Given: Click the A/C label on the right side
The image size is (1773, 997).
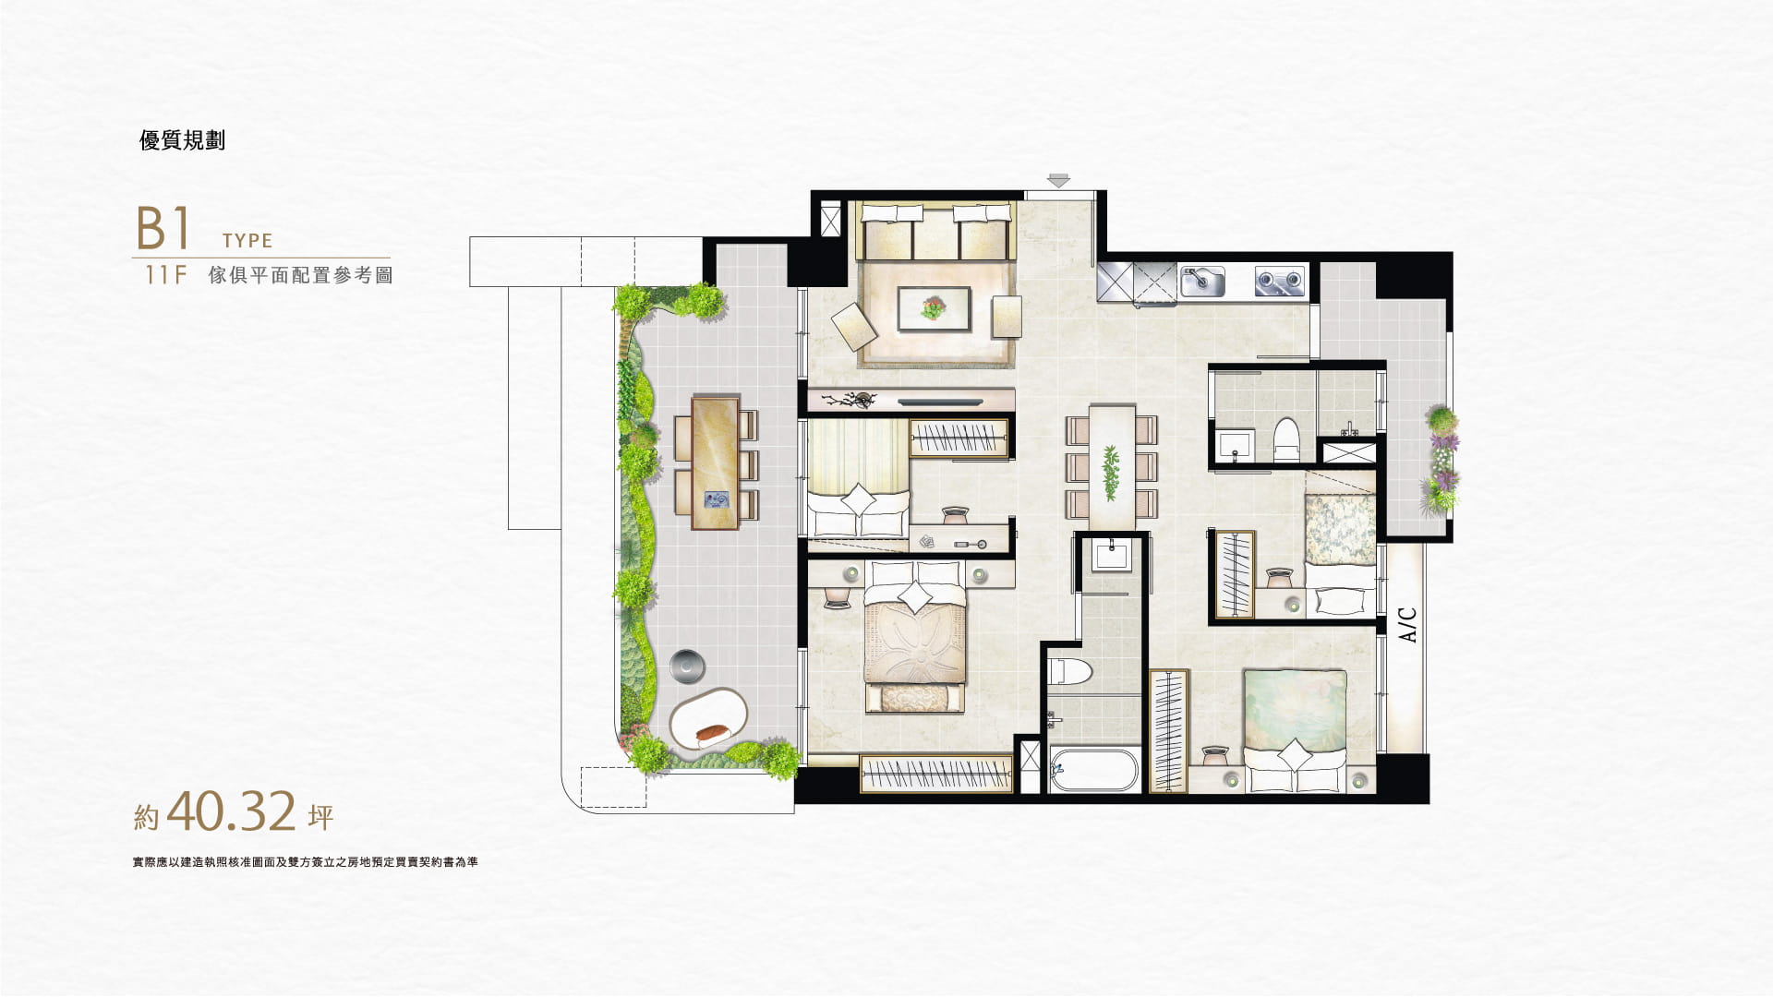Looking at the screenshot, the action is coord(1407,624).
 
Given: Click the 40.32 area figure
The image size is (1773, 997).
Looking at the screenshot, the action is coord(233,811).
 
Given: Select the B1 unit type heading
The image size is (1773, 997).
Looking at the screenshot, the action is coord(163,229).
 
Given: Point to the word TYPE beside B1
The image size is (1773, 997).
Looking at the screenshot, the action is coord(247,241).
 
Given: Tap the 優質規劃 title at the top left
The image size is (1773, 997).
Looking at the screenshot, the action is coord(182,140).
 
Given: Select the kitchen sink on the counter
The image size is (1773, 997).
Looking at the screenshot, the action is coord(1203,281).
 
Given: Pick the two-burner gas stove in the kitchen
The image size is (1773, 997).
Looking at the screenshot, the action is coord(1280,281).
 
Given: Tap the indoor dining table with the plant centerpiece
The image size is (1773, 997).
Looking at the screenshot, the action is coord(1111,466).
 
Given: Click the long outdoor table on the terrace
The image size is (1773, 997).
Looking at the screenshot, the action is coord(715,462).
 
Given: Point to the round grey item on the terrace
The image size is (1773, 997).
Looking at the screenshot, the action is coord(687,664).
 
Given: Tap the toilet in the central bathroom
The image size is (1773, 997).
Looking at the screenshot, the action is coord(1071,671).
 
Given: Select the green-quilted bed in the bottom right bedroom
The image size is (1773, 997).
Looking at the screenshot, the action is coord(1295,729).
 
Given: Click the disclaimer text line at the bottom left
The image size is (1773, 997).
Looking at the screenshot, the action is coord(305,863).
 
